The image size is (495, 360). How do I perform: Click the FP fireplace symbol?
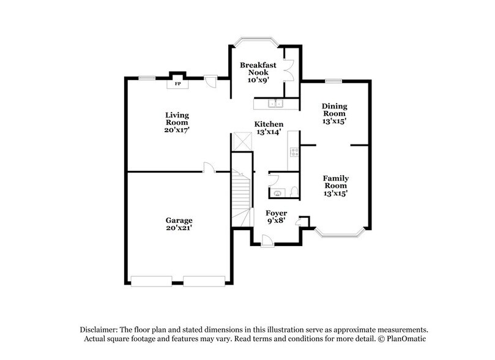(178, 83)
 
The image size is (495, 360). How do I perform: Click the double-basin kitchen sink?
(277, 103)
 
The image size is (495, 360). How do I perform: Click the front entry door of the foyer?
(266, 244)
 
